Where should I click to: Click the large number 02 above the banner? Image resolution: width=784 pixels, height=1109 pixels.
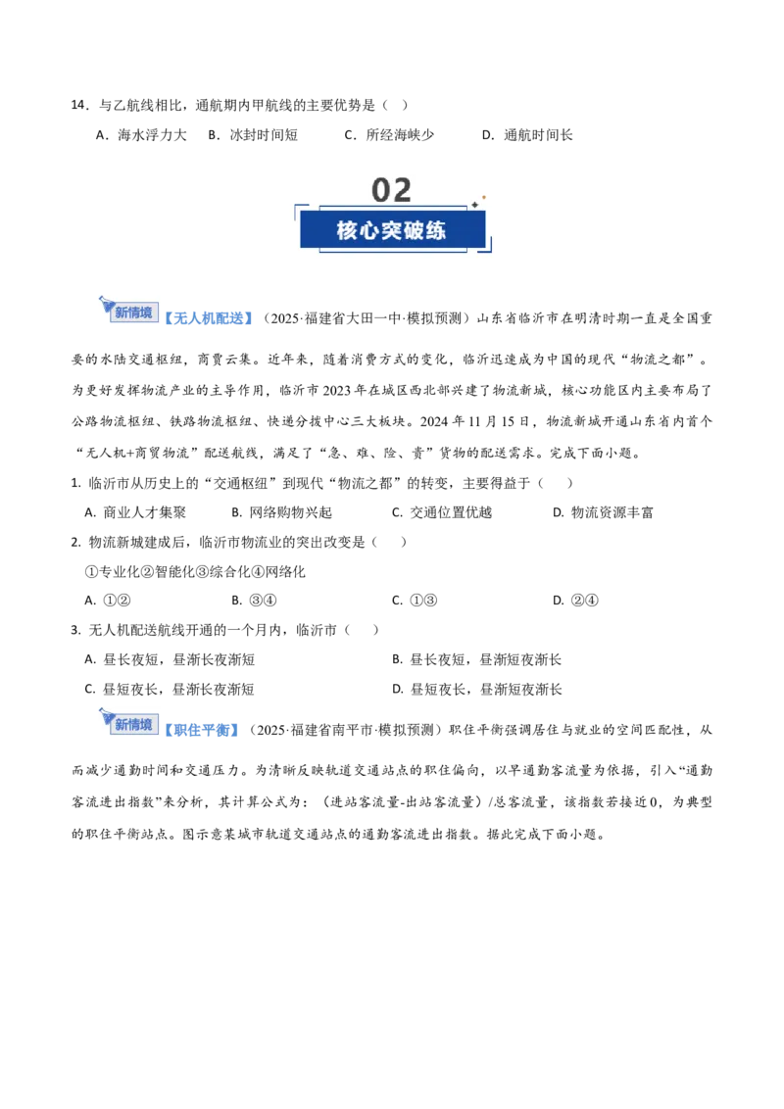391,190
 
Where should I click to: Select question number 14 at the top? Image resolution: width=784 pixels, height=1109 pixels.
79,106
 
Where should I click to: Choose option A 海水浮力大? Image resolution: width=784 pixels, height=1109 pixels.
141,135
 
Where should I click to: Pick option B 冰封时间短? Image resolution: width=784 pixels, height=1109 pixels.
253,135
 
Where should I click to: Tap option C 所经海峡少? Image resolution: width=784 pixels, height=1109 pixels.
389,135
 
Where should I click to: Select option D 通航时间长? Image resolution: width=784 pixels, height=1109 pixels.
527,135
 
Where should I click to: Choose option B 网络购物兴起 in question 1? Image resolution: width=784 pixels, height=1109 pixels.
281,512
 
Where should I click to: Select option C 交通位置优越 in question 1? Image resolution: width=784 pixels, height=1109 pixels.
442,512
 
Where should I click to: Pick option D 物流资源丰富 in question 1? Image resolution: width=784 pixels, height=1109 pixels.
603,512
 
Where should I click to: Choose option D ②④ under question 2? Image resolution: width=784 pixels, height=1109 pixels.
576,601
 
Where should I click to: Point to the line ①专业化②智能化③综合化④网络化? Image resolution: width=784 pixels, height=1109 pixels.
195,571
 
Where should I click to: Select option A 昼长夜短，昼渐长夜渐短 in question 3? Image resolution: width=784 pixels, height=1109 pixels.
170,660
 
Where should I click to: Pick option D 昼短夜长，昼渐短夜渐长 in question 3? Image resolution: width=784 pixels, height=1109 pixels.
477,690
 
